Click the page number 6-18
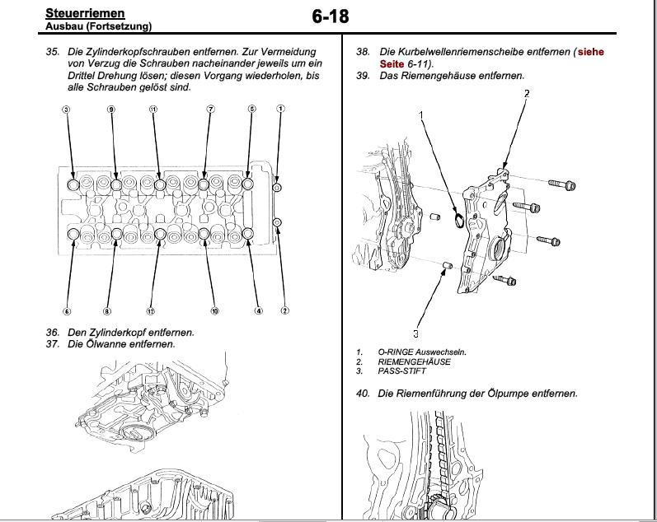tap(331, 16)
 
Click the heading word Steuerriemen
tap(85, 13)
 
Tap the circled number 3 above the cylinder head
tap(66, 110)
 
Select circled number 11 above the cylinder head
tap(153, 110)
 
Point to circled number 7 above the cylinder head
tap(210, 110)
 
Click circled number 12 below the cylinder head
tap(150, 311)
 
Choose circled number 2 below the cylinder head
tap(284, 311)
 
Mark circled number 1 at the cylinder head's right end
tap(281, 109)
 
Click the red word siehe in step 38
tap(590, 52)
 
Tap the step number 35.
tap(53, 52)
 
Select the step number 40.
tap(363, 394)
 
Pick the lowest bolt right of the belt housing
tap(507, 280)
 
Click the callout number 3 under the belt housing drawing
tap(415, 333)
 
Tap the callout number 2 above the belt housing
tap(527, 93)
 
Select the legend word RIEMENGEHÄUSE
tap(415, 361)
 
